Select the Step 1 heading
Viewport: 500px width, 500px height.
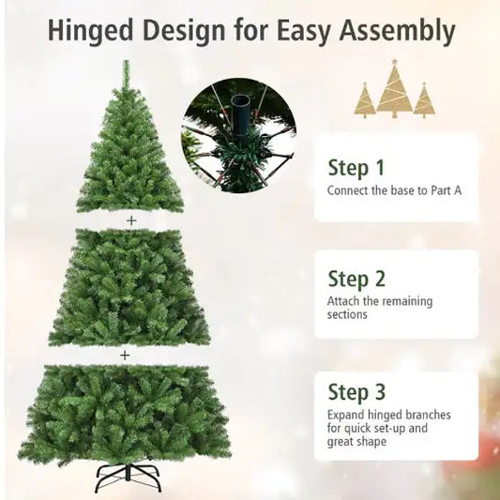click(356, 168)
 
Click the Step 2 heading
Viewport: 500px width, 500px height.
click(356, 279)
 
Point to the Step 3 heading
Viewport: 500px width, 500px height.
click(356, 390)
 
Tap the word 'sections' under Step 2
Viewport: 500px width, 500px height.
click(347, 315)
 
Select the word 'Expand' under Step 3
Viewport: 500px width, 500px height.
click(347, 414)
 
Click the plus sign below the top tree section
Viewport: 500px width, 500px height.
click(131, 220)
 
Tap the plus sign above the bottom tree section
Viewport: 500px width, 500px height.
click(124, 356)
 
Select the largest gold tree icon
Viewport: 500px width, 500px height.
click(395, 89)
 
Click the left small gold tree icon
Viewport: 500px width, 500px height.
click(365, 99)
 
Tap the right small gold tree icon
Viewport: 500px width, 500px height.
click(425, 99)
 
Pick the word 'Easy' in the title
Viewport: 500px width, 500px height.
click(299, 31)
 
